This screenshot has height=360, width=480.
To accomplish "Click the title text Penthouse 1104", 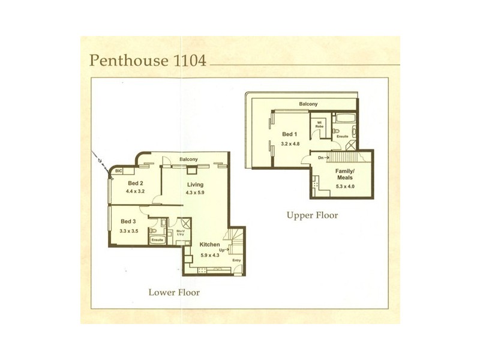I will [x=148, y=61].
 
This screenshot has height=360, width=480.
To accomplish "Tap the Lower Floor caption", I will [x=174, y=293].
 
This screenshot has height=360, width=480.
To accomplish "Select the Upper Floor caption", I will [x=312, y=215].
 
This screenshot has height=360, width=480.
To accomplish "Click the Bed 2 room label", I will [x=135, y=184].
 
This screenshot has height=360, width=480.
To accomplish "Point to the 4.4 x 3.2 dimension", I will [x=136, y=191].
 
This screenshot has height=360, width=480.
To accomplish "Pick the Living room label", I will [x=195, y=184].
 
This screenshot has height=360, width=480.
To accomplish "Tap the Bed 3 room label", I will [x=128, y=222].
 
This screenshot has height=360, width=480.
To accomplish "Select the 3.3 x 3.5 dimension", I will [x=129, y=230].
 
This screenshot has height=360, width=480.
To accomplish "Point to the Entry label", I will [x=236, y=260].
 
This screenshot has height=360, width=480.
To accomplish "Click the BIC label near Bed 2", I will [x=119, y=171].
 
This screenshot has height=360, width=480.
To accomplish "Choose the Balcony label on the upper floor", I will [x=308, y=104].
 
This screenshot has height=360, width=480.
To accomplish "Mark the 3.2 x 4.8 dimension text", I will [x=292, y=143].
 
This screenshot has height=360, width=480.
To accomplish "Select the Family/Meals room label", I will [x=344, y=173].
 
